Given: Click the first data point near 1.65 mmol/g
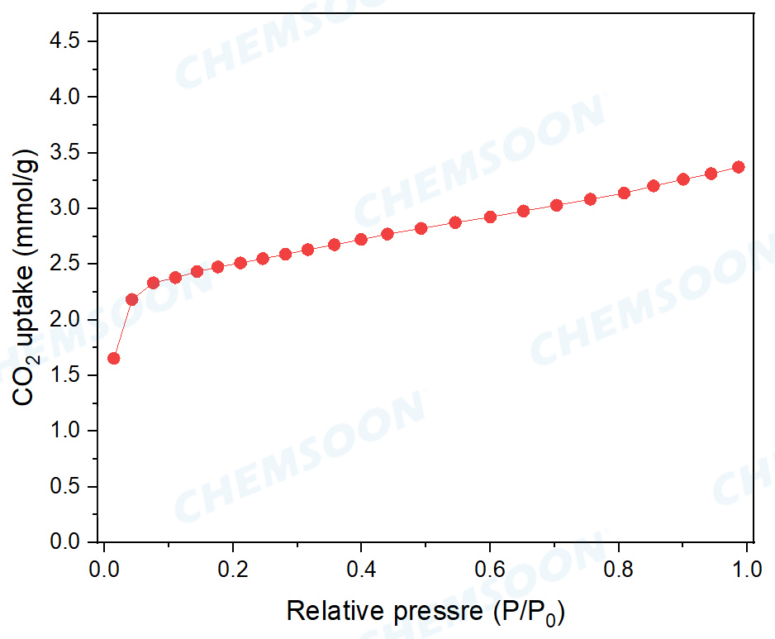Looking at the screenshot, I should pos(114,358).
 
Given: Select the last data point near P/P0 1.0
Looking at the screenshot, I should pos(739,167).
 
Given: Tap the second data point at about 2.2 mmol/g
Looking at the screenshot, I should pos(131,299).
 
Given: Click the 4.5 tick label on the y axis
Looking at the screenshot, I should pos(67,41).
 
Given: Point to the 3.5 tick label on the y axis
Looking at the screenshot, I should pos(67,153).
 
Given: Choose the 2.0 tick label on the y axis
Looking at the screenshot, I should pos(67,320).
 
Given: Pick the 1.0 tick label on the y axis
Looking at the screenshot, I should pos(67,431).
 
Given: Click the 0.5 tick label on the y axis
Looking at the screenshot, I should pos(67,487).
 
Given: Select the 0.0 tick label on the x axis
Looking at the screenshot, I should pos(104,571).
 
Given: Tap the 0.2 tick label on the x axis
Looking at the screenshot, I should pos(233,571).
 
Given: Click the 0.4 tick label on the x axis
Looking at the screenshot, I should pos(362,571).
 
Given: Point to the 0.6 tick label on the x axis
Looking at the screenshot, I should pos(491,571).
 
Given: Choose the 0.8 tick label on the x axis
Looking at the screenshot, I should pos(620,571).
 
